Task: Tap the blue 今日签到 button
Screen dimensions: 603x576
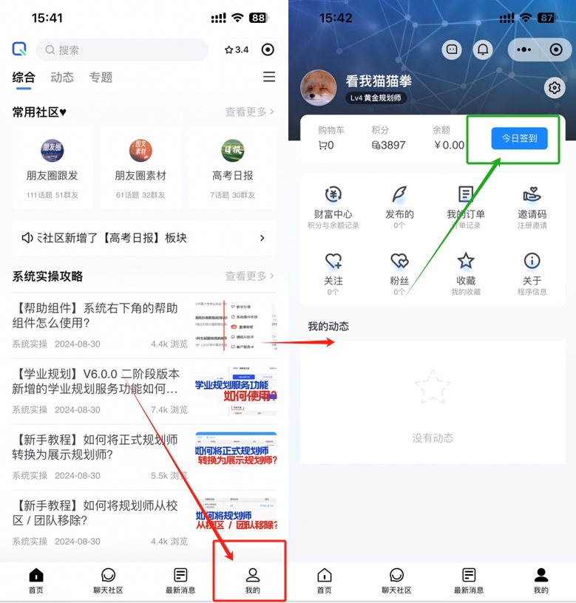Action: (519, 138)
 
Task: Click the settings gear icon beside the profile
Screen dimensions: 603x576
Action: (554, 88)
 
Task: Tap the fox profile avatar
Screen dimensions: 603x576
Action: (319, 88)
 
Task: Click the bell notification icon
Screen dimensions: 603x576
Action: (483, 50)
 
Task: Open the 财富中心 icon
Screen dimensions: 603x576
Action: (333, 195)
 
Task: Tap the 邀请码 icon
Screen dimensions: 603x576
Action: (532, 195)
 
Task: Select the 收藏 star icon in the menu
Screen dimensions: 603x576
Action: (465, 261)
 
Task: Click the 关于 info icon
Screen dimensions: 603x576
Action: (532, 261)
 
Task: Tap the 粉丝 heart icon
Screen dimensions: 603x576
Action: (399, 261)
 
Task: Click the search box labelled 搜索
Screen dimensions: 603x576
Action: (122, 50)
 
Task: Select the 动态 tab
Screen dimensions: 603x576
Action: (62, 78)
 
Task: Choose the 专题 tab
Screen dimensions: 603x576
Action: (101, 78)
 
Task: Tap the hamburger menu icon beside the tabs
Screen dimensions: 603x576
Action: (269, 77)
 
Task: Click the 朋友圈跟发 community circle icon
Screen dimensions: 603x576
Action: (52, 151)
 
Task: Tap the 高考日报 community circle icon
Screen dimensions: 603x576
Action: (233, 151)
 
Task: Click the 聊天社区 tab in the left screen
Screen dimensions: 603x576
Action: (108, 581)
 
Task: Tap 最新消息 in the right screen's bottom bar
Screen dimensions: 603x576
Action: (468, 581)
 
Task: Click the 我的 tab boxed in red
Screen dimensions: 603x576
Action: (252, 581)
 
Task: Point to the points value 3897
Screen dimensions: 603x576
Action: (389, 146)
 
